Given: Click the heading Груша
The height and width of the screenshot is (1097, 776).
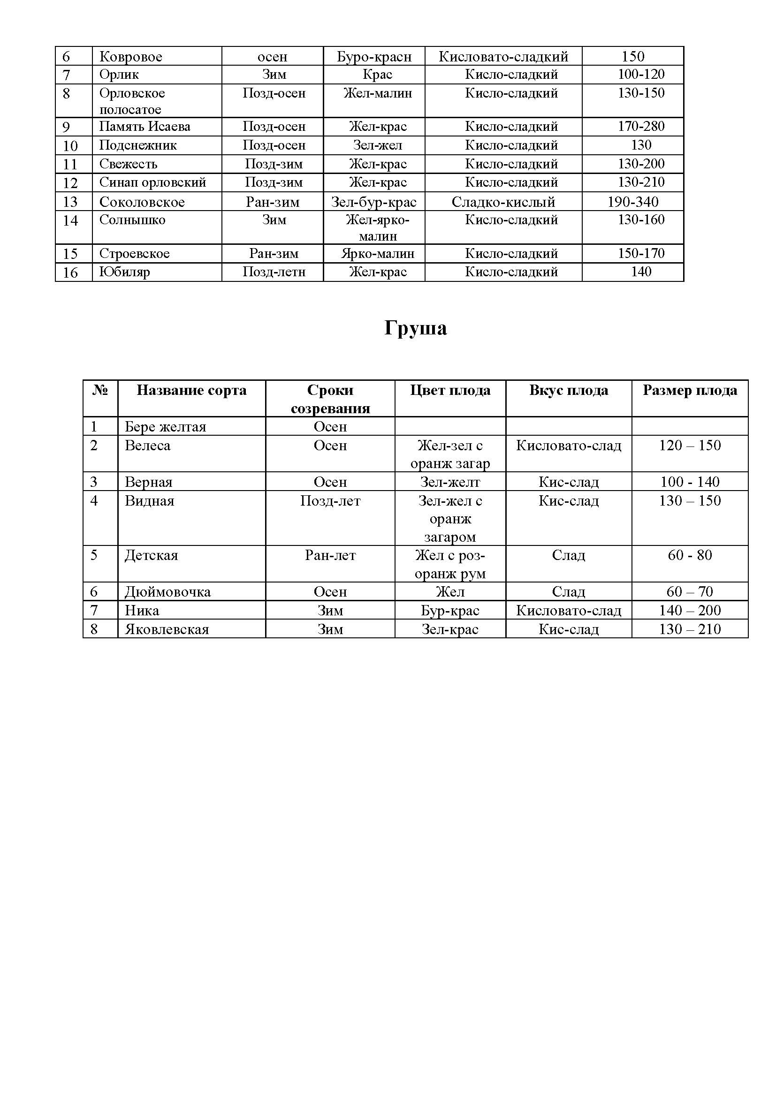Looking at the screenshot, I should click(x=415, y=328).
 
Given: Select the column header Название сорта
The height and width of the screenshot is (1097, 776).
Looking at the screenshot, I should click(x=191, y=390).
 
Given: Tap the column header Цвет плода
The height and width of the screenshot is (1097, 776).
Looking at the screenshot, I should click(x=450, y=390).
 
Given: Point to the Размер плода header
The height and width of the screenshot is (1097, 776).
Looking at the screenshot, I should click(x=690, y=390).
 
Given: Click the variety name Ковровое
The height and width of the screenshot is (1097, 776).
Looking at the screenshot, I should click(x=130, y=57).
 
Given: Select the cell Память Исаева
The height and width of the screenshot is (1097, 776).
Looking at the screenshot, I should click(x=145, y=127).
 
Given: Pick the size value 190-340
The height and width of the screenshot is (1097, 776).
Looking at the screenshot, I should click(x=632, y=202).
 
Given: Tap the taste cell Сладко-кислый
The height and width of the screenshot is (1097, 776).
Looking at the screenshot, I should click(x=503, y=202).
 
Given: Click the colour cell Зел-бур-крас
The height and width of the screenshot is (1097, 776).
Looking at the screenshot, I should click(x=373, y=202).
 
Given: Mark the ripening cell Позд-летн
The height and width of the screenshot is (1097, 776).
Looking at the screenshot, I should click(x=274, y=272).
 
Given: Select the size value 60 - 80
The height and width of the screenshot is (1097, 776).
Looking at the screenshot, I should click(x=690, y=555).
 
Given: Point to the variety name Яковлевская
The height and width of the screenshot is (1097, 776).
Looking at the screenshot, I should click(x=167, y=629).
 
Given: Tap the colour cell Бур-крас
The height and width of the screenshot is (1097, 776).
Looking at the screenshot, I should click(x=450, y=610).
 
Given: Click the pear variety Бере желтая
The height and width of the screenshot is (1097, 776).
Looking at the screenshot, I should click(x=165, y=426).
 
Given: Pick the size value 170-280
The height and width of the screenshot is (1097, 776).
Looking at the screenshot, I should click(x=641, y=127).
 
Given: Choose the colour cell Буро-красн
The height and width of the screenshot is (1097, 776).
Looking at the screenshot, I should click(x=373, y=57).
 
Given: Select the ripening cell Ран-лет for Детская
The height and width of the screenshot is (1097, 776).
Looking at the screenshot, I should click(x=330, y=555).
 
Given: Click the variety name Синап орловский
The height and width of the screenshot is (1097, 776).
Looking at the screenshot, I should click(x=152, y=182).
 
